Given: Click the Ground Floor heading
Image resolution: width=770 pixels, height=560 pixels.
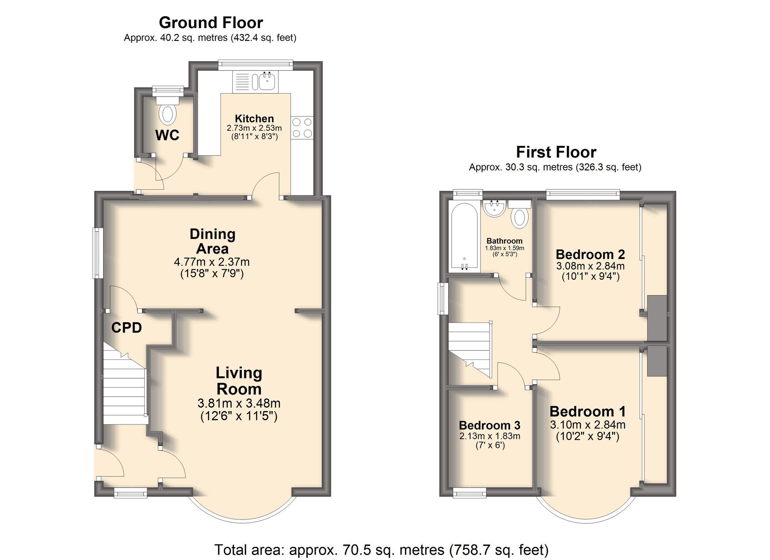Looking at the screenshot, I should tap(211, 23).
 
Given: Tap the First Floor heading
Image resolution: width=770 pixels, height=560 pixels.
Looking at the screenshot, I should tap(556, 152).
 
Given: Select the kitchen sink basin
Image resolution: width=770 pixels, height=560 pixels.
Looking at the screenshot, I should tap(267, 81).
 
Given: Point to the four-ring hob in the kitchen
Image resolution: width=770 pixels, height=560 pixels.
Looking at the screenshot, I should tap(302, 128).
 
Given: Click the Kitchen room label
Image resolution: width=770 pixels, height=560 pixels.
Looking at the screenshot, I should tap(254, 119).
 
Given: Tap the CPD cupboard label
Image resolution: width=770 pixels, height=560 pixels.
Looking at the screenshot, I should tap(127, 328).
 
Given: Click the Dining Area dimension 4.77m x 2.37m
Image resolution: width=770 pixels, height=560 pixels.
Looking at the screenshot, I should tap(212, 262).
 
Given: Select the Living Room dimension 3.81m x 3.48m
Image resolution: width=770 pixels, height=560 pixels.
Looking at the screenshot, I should tap(239, 403).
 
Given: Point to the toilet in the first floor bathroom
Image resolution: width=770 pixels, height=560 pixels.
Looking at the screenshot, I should tap(520, 217).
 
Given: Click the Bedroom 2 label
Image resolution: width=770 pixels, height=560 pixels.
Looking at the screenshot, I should tap(590, 254).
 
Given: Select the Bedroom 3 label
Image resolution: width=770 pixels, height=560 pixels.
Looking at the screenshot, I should tap(489, 425).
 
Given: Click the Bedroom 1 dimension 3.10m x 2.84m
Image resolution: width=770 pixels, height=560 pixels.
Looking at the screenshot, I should tap(588, 425).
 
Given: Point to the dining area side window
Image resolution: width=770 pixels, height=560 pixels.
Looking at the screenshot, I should tap(98, 253).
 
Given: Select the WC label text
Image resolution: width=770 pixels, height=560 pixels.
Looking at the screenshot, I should tap(167, 135).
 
